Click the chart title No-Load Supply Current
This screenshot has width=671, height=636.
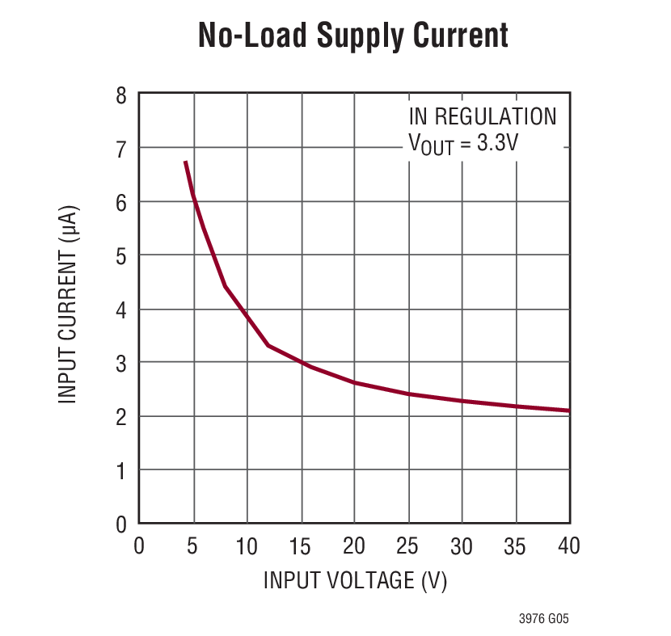(x=354, y=36)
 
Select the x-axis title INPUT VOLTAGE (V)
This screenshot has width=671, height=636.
(x=355, y=580)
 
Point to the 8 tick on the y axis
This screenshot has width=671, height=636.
(x=121, y=95)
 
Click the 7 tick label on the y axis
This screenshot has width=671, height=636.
(x=121, y=148)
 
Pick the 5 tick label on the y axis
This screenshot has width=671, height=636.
(x=121, y=255)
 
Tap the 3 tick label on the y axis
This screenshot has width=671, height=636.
(x=121, y=363)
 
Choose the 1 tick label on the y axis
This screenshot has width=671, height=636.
(x=121, y=470)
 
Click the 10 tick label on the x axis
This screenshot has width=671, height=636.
(x=246, y=546)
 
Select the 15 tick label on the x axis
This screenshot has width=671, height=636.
(x=300, y=546)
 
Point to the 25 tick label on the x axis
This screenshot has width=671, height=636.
(x=407, y=546)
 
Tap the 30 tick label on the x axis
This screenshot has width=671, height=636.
(x=462, y=546)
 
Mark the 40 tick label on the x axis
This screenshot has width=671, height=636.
(x=568, y=546)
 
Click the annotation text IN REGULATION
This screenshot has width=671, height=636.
(x=483, y=116)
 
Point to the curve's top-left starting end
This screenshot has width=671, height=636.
(x=186, y=162)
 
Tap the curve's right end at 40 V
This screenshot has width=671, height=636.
(x=568, y=411)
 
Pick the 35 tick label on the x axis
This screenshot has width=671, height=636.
(x=515, y=546)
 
